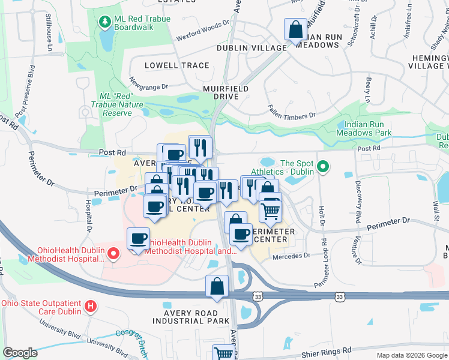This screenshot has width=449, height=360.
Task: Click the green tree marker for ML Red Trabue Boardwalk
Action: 106,23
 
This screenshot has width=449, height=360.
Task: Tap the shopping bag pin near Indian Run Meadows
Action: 295,30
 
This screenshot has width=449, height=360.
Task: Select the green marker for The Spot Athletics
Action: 323,166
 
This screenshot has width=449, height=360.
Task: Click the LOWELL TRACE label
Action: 177,65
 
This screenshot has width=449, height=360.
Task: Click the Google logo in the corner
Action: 20,353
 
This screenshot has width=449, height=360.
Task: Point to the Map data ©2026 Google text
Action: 412,355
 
